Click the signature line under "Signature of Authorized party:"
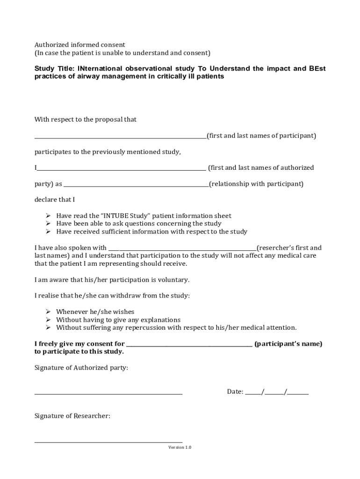point(108,394)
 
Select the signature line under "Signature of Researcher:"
point(108,442)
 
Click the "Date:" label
point(235,392)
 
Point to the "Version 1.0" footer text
point(180,447)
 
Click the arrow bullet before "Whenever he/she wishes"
point(48,312)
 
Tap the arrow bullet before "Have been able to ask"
point(48,224)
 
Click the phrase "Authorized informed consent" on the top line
point(80,45)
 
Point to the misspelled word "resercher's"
point(276,248)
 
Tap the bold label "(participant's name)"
point(288,344)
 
